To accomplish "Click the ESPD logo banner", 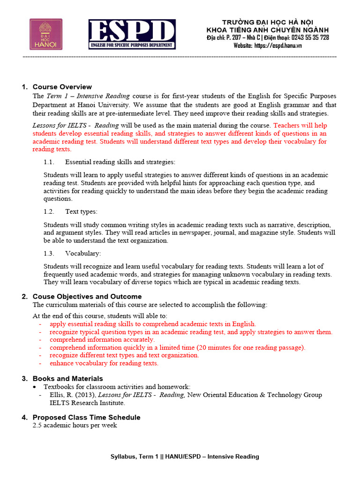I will point(132,34).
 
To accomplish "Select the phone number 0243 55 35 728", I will point(310,37).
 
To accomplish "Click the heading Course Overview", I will point(62,87).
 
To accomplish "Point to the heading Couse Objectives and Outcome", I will point(87,297).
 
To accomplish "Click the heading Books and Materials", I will point(67,378).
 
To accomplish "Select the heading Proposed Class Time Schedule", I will point(86,417).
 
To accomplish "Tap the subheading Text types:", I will point(81,211).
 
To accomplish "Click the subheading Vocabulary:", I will point(83,254).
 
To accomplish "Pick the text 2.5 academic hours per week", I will point(75,425).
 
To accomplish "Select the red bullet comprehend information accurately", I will point(102,339).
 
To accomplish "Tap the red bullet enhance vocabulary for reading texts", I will point(104,363).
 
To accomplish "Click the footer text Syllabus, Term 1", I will point(134,457).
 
